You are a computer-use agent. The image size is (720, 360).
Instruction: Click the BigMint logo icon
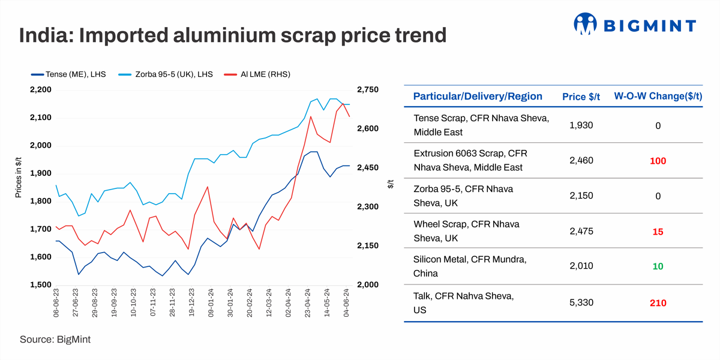click(x=586, y=25)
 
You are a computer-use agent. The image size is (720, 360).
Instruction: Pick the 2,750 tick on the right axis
click(x=368, y=90)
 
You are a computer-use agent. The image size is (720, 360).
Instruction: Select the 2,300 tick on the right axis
click(x=368, y=207)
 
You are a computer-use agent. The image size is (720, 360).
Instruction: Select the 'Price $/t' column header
click(x=581, y=97)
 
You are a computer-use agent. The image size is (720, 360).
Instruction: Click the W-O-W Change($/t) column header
click(x=658, y=97)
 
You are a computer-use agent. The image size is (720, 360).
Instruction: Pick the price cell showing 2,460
click(x=581, y=161)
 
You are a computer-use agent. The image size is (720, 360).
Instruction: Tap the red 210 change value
click(x=658, y=303)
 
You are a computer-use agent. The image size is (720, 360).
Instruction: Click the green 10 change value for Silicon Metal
click(x=658, y=266)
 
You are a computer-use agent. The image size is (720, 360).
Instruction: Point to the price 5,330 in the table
click(x=581, y=303)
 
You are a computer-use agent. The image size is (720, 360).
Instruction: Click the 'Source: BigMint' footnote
click(x=55, y=340)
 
